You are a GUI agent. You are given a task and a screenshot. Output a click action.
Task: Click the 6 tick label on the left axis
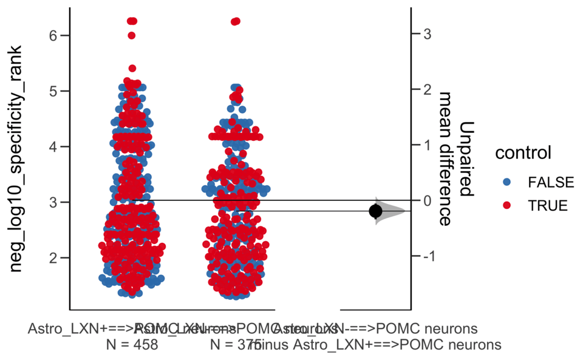point(55,36)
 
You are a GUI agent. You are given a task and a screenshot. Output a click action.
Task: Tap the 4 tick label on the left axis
point(55,146)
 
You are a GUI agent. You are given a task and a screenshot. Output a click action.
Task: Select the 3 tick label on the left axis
point(55,202)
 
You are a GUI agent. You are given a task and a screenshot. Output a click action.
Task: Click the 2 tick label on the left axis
point(55,257)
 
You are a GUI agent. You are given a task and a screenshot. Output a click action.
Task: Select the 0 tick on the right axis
point(414,200)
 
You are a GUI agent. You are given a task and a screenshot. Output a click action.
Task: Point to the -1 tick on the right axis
point(414,256)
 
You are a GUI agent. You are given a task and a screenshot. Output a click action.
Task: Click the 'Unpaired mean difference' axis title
point(455,159)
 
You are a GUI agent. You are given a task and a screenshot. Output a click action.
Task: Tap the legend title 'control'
point(523,152)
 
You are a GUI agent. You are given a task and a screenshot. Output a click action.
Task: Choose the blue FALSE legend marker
point(507,182)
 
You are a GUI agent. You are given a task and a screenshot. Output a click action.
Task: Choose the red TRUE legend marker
point(507,205)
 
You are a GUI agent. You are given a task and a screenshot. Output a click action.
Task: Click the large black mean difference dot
point(375,211)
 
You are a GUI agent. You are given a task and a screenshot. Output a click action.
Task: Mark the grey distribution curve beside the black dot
point(392,211)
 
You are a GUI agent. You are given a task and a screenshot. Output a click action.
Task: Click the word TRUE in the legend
point(548,205)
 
